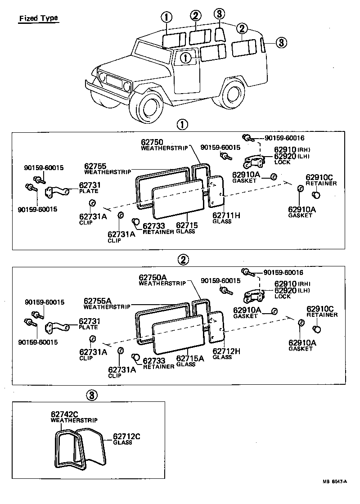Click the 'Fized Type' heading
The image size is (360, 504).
click(38, 19)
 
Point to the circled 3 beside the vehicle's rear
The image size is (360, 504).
click(280, 43)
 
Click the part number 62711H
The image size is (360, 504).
click(226, 216)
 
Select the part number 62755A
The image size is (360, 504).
click(97, 301)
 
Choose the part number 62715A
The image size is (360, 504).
click(189, 358)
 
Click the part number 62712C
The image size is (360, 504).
click(127, 436)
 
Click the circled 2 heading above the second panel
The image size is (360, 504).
click(183, 259)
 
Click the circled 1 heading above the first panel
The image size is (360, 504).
click(182, 125)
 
